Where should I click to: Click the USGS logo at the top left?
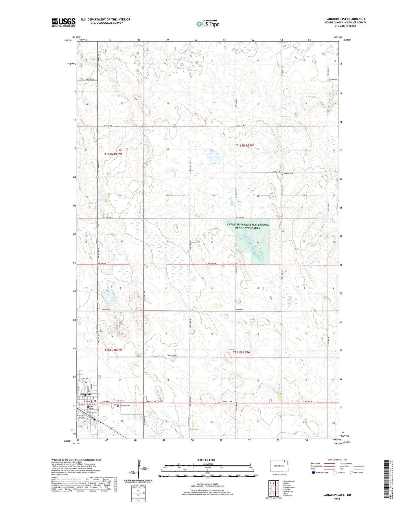pos(64,22)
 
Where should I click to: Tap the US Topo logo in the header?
pos(208,24)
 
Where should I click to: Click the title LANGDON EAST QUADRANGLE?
pos(345,19)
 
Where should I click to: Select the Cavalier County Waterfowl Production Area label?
pos(248,226)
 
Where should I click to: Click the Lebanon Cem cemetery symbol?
pos(118,406)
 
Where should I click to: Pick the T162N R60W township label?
pos(113,154)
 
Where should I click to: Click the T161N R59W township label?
pos(242,352)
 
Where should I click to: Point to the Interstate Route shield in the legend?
pos(314,473)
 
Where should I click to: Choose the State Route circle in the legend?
pos(352,473)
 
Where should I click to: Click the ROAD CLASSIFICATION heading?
pos(337,460)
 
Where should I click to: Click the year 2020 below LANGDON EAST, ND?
pos(337,499)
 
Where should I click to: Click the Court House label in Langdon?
pos(91,408)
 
